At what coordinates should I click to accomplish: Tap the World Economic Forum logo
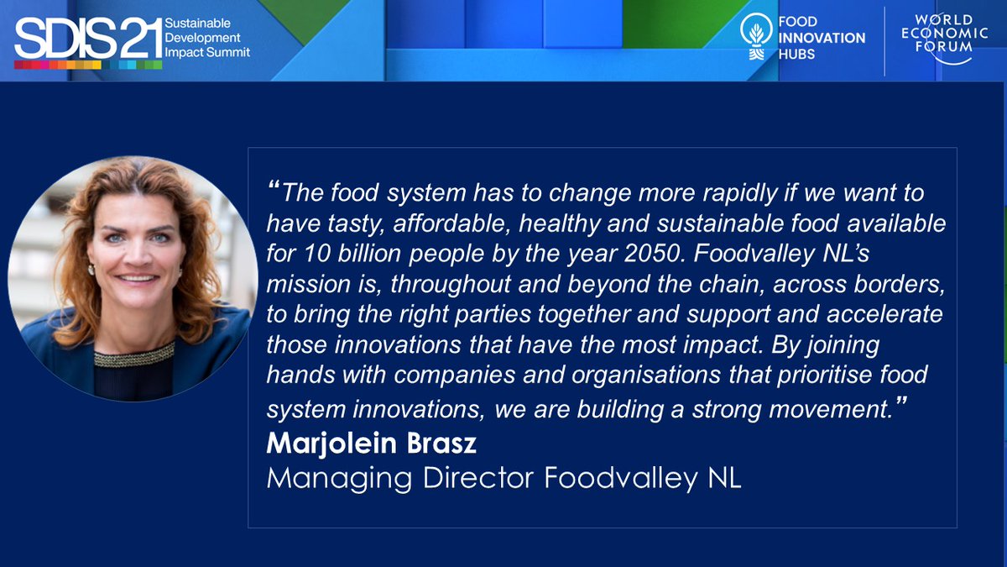point(937,39)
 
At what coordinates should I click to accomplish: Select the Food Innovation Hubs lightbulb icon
point(756,38)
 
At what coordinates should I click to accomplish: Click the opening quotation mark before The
point(274,186)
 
